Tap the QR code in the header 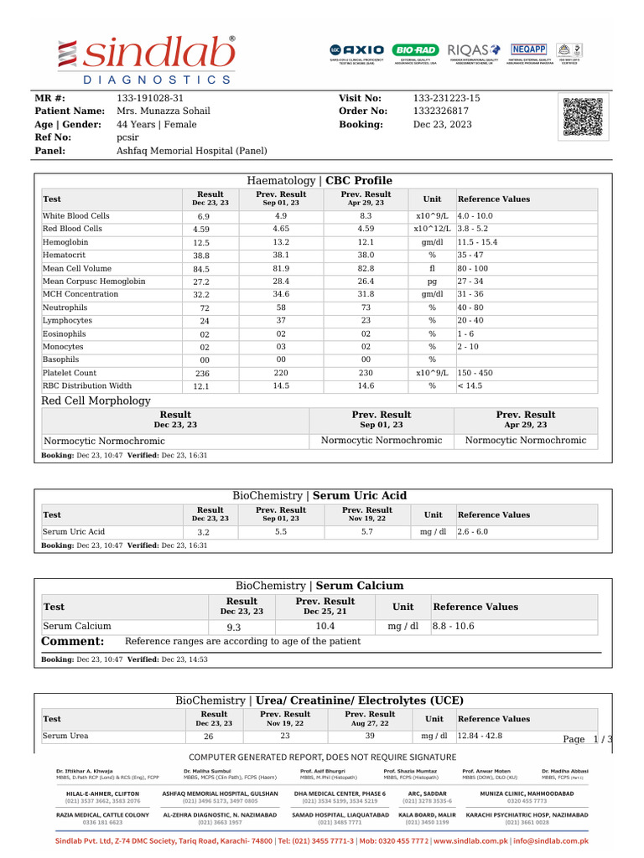pyautogui.click(x=583, y=116)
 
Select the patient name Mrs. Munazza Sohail pyautogui.click(x=164, y=111)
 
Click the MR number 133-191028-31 pyautogui.click(x=150, y=98)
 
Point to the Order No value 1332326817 pyautogui.click(x=441, y=111)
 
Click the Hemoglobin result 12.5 pyautogui.click(x=202, y=243)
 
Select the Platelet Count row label pyautogui.click(x=70, y=373)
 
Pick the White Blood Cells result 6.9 pyautogui.click(x=204, y=216)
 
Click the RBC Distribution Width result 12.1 pyautogui.click(x=202, y=387)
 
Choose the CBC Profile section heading pyautogui.click(x=358, y=181)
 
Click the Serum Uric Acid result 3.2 pyautogui.click(x=204, y=533)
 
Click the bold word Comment pyautogui.click(x=73, y=642)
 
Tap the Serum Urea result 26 pyautogui.click(x=209, y=737)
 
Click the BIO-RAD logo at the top pyautogui.click(x=415, y=50)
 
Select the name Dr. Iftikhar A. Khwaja pyautogui.click(x=84, y=770)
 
